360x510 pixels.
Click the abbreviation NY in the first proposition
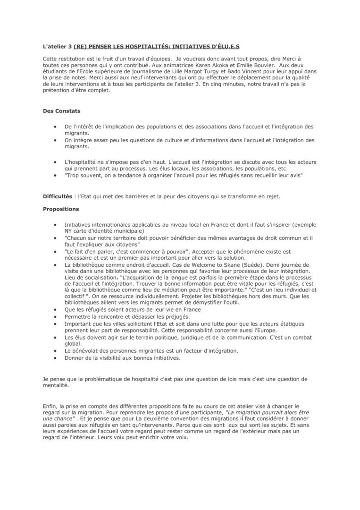pyautogui.click(x=69, y=231)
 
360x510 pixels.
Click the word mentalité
pyautogui.click(x=56, y=385)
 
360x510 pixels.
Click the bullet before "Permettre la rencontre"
pyautogui.click(x=56, y=316)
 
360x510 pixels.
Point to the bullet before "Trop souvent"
pyautogui.click(x=56, y=175)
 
